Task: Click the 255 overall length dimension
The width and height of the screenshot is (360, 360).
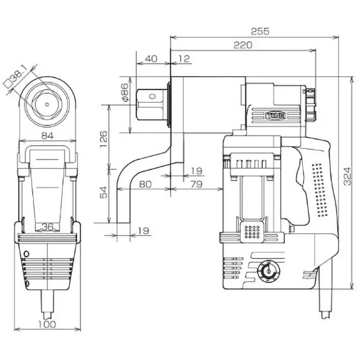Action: (x=260, y=31)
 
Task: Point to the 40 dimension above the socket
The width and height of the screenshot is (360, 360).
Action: (x=153, y=58)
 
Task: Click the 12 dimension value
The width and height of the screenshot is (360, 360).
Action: (x=184, y=58)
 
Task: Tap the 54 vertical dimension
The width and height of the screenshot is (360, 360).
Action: (x=103, y=193)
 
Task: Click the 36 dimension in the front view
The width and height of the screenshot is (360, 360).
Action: (x=48, y=226)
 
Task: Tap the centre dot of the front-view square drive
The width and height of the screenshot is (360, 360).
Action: (x=47, y=103)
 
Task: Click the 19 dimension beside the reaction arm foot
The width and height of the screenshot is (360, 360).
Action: (x=143, y=230)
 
